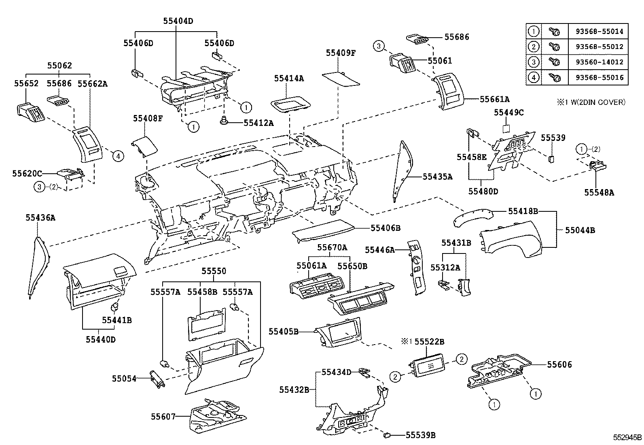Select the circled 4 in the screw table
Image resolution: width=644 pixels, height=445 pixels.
(x=534, y=77)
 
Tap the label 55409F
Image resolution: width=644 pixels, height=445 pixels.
(x=341, y=53)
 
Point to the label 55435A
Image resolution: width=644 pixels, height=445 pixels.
(x=437, y=177)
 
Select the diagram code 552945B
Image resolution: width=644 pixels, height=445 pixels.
(x=627, y=437)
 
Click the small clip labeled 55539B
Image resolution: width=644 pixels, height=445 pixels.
(x=387, y=436)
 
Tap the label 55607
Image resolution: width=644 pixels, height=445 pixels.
(x=163, y=416)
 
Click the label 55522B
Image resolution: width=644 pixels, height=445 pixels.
(x=429, y=342)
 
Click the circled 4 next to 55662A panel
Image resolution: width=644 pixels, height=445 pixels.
(x=117, y=156)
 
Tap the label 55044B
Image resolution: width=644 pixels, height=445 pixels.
(x=580, y=230)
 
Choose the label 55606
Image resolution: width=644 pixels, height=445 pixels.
(x=559, y=364)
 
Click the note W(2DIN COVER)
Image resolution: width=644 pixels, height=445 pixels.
(x=595, y=102)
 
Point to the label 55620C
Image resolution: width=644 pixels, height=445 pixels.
(x=27, y=173)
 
